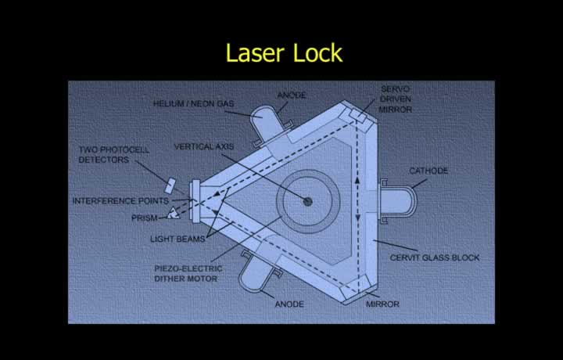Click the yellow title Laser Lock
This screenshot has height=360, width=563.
pos(284,52)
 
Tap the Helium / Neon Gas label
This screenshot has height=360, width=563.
pos(194,104)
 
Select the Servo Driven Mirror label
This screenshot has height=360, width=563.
pos(396,99)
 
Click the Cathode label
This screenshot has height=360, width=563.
pos(429,171)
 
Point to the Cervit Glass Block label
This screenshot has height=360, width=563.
pos(435,257)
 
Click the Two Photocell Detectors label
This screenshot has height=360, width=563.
pos(114,154)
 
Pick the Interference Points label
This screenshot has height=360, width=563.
pos(120,201)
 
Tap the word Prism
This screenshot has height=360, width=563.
pos(145,218)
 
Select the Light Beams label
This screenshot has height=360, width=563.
pos(178,239)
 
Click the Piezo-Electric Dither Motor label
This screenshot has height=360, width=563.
pos(188,273)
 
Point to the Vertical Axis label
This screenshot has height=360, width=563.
pos(204,146)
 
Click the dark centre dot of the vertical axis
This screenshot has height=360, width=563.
pos(307,202)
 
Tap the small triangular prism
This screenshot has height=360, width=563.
pos(174,214)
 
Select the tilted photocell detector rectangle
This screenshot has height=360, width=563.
pos(170,185)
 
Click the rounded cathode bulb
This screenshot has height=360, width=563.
pos(399,201)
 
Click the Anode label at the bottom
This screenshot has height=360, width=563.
pos(289,304)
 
